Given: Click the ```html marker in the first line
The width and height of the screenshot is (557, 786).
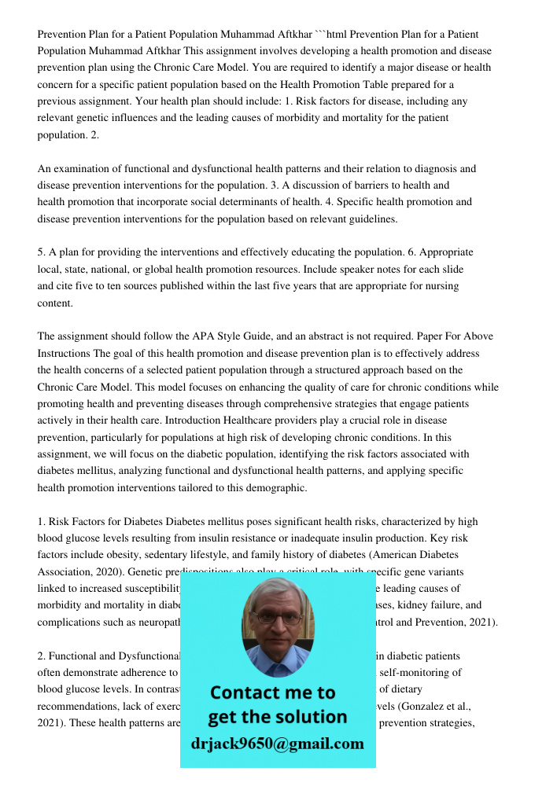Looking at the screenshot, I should (331, 34).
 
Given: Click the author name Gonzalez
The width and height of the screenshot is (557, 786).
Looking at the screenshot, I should (427, 706).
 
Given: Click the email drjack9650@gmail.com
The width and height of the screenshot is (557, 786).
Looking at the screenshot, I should (277, 744).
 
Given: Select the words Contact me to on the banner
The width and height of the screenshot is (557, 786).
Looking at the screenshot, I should (272, 692).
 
